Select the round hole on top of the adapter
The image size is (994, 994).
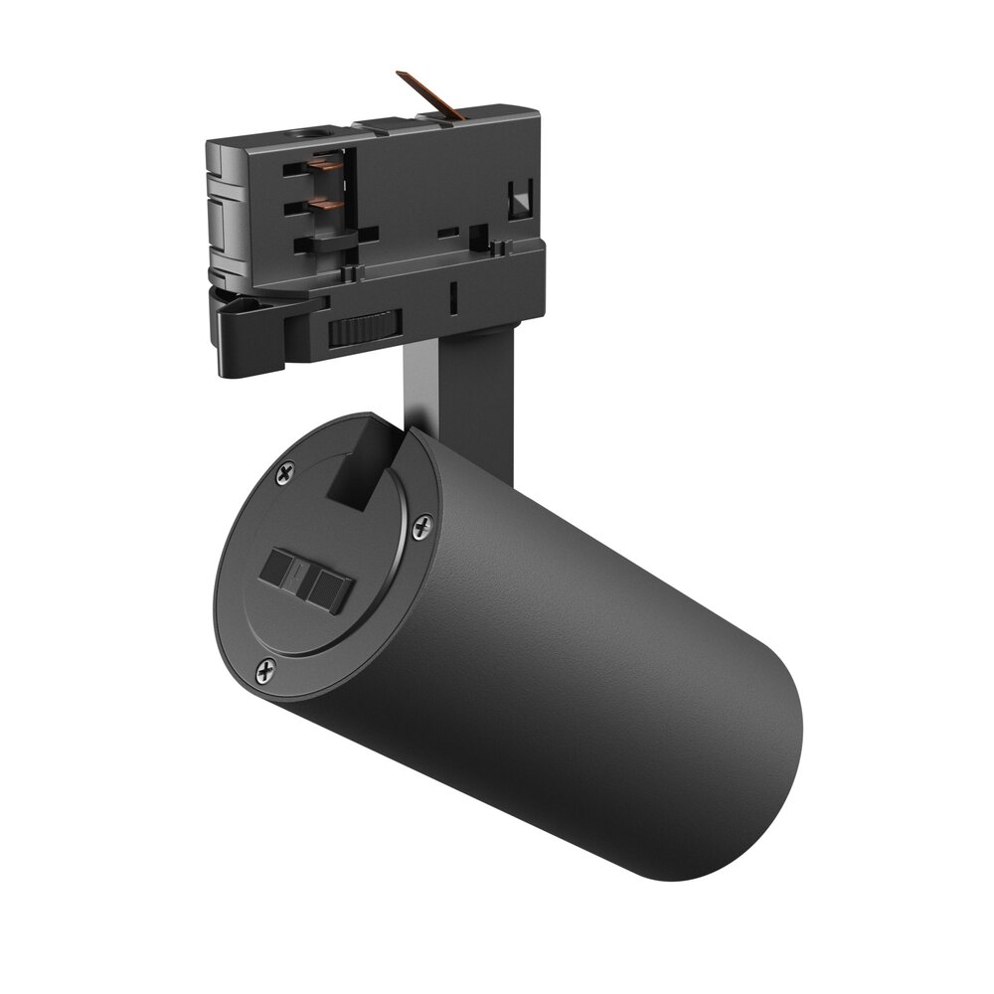(302, 132)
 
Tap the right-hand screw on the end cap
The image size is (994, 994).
(421, 526)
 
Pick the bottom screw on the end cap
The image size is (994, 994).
(263, 673)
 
